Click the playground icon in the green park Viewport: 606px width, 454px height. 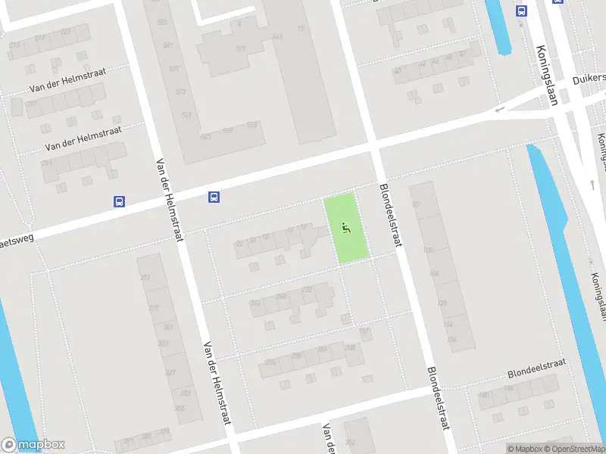[x=346, y=227]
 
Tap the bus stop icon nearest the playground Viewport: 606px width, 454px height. [x=214, y=197]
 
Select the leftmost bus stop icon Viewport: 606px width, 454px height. [x=119, y=201]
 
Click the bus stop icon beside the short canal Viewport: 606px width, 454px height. [x=521, y=11]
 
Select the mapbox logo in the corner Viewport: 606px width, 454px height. [x=33, y=445]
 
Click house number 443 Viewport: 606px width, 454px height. [x=277, y=36]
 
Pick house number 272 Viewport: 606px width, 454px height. [x=307, y=290]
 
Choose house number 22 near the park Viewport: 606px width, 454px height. [x=240, y=243]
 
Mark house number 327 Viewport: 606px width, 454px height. [x=169, y=372]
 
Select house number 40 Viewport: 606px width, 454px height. [x=397, y=71]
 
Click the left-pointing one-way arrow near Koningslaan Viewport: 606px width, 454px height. [x=498, y=111]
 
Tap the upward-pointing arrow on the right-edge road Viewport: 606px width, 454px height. [x=592, y=184]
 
